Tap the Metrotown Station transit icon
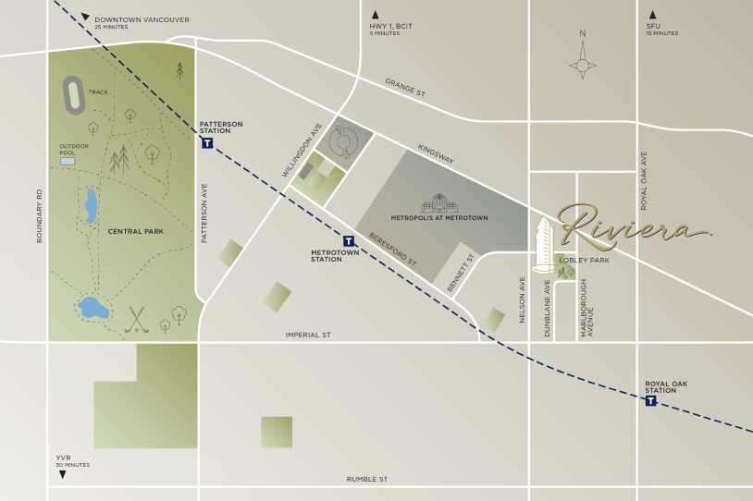[x=349, y=240]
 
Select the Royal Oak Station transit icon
[x=650, y=400]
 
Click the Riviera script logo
[x=633, y=223]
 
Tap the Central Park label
[x=136, y=231]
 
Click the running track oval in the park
[x=73, y=95]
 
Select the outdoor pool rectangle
[x=68, y=161]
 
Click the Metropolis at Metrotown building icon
[x=439, y=202]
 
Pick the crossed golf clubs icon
[x=137, y=318]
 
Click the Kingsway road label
[x=436, y=154]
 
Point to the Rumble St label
[x=367, y=479]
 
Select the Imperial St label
[x=308, y=335]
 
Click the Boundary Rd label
[x=40, y=216]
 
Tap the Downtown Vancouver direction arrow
[x=85, y=18]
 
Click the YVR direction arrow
[x=63, y=474]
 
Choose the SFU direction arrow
[x=652, y=14]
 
